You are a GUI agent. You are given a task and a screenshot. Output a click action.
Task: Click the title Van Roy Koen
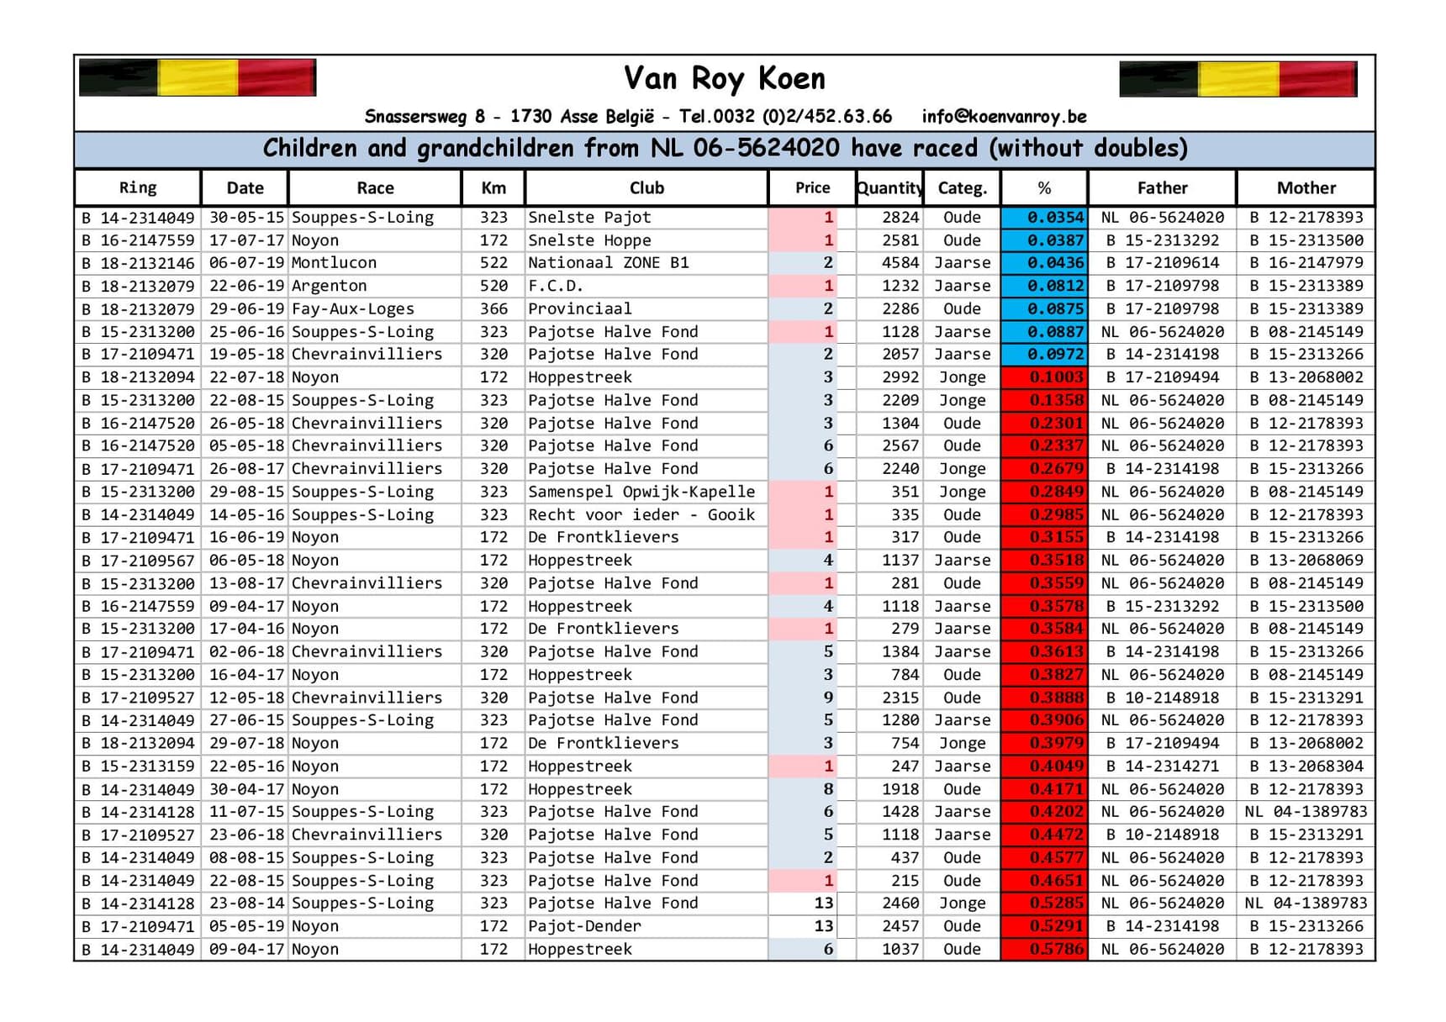pos(724,79)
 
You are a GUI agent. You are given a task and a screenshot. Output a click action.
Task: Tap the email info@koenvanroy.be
pos(1004,117)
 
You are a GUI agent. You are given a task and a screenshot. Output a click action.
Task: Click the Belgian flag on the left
pos(198,78)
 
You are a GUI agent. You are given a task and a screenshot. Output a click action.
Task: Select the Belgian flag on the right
pos(1238,80)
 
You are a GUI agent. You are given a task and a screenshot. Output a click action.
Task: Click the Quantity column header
pos(889,188)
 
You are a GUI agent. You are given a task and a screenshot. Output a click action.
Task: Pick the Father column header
pos(1162,188)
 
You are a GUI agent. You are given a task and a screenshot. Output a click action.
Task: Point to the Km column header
pos(493,188)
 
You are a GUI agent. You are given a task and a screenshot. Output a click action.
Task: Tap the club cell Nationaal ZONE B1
pos(608,263)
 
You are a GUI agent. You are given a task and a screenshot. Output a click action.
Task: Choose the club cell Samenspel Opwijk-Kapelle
pos(641,492)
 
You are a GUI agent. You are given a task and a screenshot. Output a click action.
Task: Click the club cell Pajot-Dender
pos(584,926)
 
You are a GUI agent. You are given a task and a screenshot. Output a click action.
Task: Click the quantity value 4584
pos(900,263)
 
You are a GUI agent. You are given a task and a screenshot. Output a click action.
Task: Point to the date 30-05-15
pos(245,218)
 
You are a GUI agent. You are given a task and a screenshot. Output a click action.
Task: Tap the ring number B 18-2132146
pos(138,263)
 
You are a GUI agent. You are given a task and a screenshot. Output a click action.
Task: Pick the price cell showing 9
pos(827,698)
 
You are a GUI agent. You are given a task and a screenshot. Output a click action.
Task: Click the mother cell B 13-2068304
pos(1306,766)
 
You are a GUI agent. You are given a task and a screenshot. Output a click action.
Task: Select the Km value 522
pos(493,263)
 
